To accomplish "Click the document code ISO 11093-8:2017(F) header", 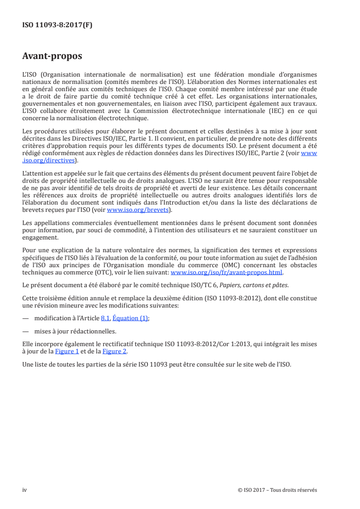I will point(57,25).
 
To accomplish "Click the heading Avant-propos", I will point(52,56).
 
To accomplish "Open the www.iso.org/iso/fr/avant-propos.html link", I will point(226,272).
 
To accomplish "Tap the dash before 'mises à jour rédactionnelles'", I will point(25,332).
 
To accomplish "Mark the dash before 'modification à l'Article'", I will point(25,318).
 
